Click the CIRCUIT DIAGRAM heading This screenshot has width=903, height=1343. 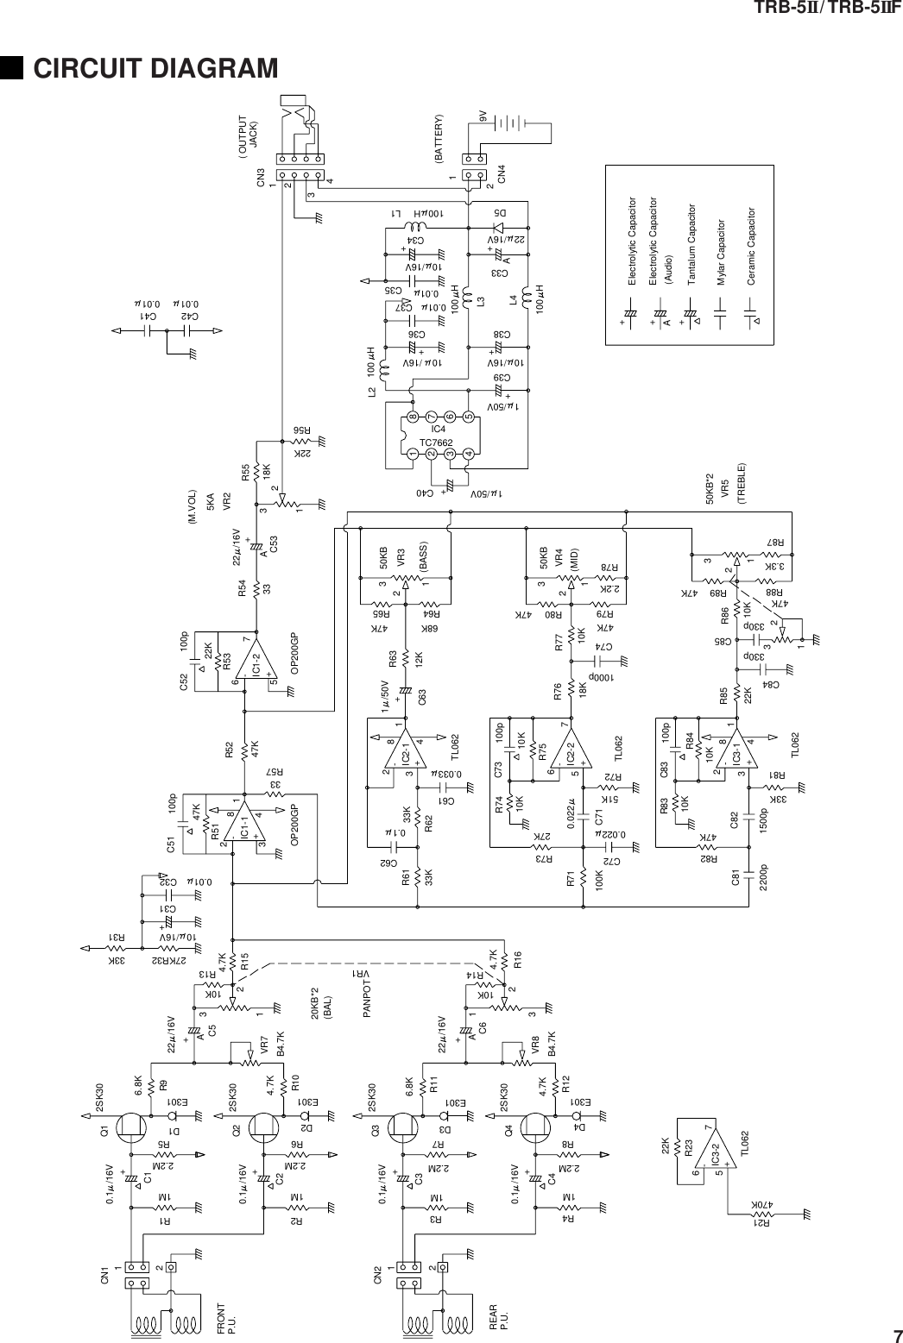click(x=155, y=67)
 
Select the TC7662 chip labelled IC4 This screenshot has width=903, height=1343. click(x=439, y=436)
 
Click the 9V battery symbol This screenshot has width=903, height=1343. click(x=519, y=123)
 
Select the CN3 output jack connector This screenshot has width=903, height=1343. click(x=299, y=160)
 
